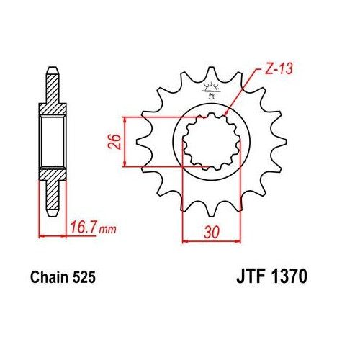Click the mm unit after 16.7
pos(107,230)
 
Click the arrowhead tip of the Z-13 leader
pos(226,114)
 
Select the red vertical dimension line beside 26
pos(127,141)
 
